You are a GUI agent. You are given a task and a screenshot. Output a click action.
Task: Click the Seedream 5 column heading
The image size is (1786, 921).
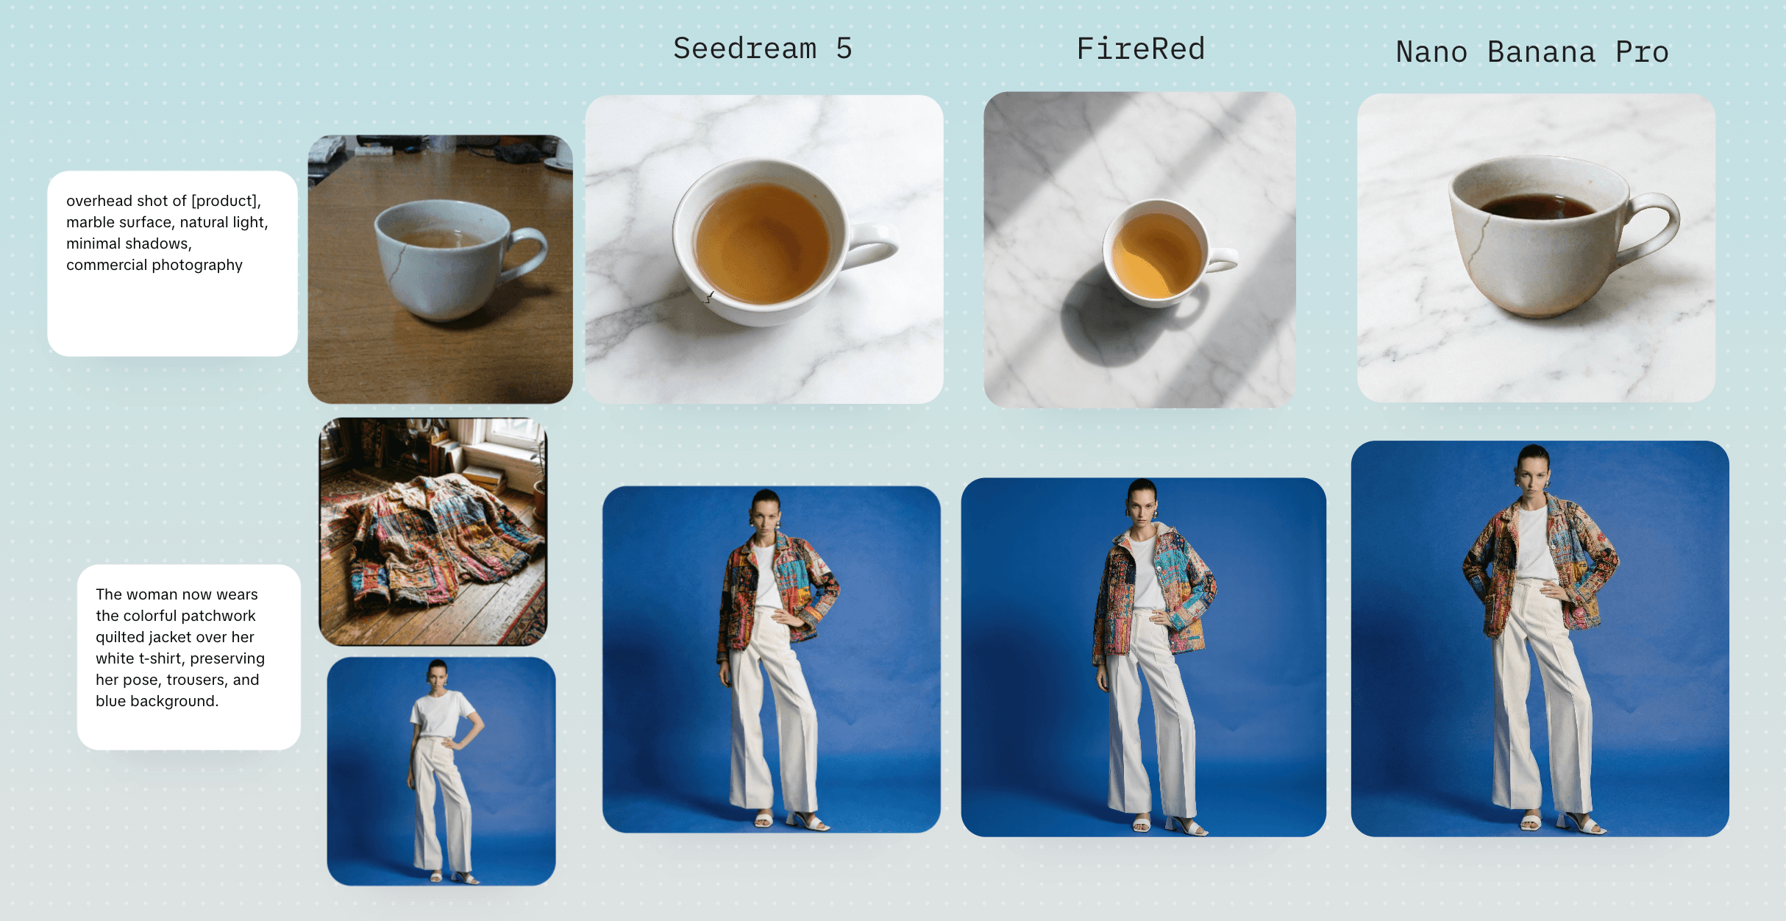(x=762, y=49)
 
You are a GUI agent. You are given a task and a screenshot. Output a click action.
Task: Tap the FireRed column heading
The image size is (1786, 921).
(x=1140, y=49)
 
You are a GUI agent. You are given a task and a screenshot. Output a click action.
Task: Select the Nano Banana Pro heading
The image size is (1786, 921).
(x=1532, y=52)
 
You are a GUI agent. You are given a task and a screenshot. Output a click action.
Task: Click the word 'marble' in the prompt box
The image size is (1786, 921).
(x=89, y=222)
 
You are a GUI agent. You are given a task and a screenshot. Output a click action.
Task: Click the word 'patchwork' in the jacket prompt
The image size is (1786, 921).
(x=219, y=616)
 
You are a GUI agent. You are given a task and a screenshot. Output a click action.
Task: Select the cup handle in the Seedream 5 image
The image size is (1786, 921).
(x=872, y=242)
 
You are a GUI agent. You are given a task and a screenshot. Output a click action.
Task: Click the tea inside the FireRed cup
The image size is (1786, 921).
(x=1156, y=255)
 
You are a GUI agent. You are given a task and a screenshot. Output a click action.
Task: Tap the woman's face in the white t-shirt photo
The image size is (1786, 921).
(x=438, y=675)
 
